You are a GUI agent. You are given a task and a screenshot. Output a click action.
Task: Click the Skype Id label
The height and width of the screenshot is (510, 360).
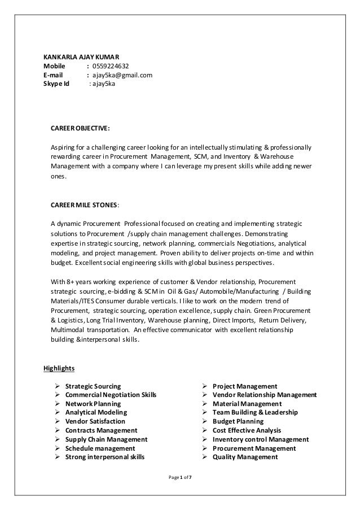pos(56,84)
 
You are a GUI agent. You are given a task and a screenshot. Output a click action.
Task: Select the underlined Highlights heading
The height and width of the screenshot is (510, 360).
pos(59,369)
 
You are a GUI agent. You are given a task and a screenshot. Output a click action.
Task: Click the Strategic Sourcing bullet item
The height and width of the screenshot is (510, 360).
pos(93,386)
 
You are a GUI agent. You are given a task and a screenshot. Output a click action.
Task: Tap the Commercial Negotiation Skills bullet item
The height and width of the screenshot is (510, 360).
pos(111,395)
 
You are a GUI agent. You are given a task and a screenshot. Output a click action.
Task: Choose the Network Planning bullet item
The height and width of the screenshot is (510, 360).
pos(93,404)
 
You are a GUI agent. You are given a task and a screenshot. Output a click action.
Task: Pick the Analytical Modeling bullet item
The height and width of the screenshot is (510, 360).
pos(95,412)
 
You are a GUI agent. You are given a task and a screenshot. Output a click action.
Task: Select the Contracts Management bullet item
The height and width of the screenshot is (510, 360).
pos(101,430)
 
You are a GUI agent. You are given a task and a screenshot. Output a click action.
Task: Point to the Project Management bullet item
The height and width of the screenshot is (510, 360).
pos(245,386)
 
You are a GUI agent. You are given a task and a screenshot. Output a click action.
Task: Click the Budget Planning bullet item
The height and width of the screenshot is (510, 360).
pos(238,421)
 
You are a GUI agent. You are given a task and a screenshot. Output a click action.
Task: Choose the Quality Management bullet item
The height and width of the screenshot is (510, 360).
pos(245,457)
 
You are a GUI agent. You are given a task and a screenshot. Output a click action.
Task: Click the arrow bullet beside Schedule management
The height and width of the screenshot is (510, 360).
pos(58,448)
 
